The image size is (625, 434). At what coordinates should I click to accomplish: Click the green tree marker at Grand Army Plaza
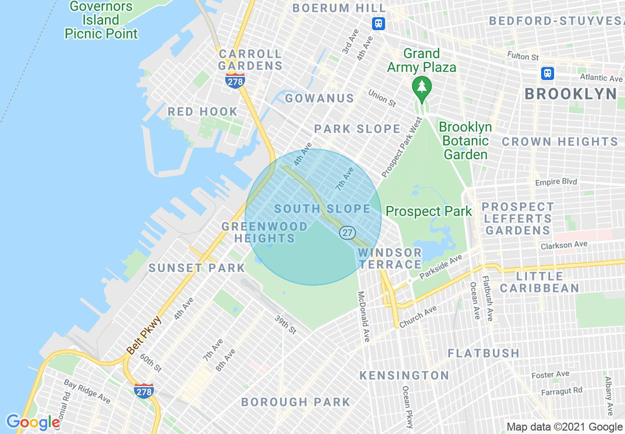(421, 87)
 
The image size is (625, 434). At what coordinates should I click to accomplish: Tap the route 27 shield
(347, 232)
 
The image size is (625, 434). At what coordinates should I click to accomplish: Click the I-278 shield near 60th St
(144, 390)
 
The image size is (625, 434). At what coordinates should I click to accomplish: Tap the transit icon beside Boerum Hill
(378, 23)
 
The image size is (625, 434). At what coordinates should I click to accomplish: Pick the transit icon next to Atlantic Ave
(547, 73)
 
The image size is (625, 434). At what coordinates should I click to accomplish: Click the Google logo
(33, 422)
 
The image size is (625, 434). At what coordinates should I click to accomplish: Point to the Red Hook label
(203, 111)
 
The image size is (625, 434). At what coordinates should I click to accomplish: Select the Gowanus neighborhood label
(319, 98)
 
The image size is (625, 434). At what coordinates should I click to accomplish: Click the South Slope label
(322, 209)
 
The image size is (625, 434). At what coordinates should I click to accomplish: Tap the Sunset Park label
(197, 268)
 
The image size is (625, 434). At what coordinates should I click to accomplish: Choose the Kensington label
(404, 375)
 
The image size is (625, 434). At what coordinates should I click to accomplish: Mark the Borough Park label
(296, 402)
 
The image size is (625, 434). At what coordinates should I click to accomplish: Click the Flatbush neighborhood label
(484, 353)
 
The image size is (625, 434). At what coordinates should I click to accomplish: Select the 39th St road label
(285, 325)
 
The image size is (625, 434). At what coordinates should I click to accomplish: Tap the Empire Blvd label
(556, 182)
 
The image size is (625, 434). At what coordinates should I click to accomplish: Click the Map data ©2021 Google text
(565, 427)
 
